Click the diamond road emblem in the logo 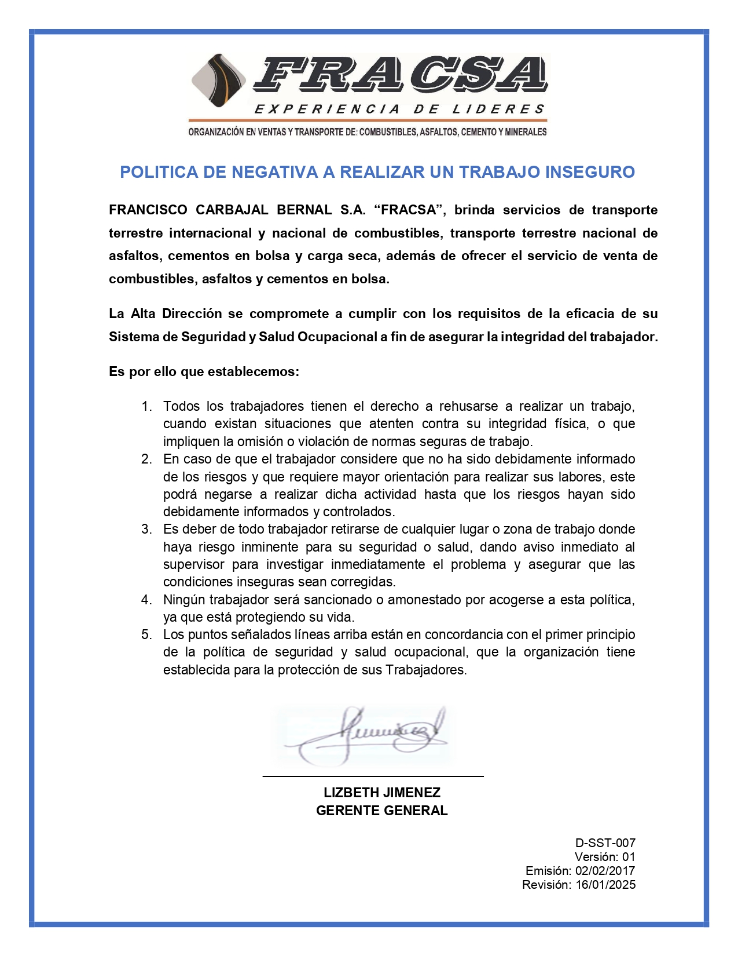pos(219,81)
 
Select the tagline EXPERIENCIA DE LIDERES pos(399,110)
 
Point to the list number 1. pos(146,406)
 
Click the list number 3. pos(146,529)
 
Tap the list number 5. pos(146,634)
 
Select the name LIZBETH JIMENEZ pos(382,793)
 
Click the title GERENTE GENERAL pos(382,811)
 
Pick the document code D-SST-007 pos(605,843)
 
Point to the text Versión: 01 pos(605,857)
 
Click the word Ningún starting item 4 pos(184,600)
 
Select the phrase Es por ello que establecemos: pos(204,371)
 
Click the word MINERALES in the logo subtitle pos(526,132)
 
